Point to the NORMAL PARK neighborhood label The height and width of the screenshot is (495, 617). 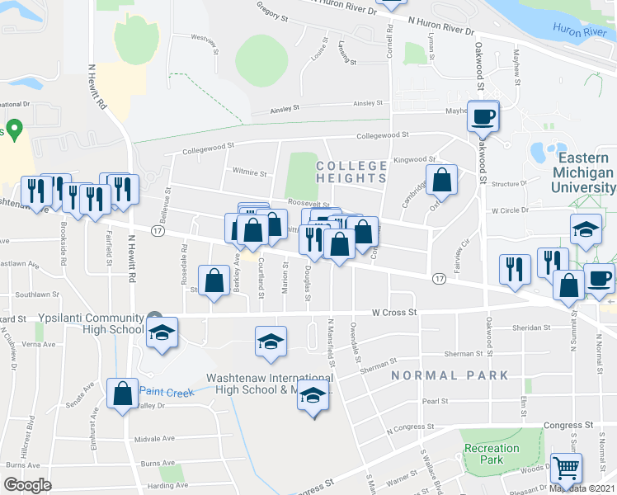coord(450,375)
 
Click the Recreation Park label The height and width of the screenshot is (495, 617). coord(492,454)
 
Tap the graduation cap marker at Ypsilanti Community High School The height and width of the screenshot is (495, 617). coord(162,334)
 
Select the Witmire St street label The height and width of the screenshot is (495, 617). coord(250,173)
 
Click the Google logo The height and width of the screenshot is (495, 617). coord(27,485)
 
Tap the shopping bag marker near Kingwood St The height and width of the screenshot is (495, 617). coord(442,181)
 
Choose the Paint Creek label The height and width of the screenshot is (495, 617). coord(167,392)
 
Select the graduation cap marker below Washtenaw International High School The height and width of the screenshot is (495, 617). coord(313,396)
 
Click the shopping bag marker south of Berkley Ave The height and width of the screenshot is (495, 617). coord(214,280)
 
